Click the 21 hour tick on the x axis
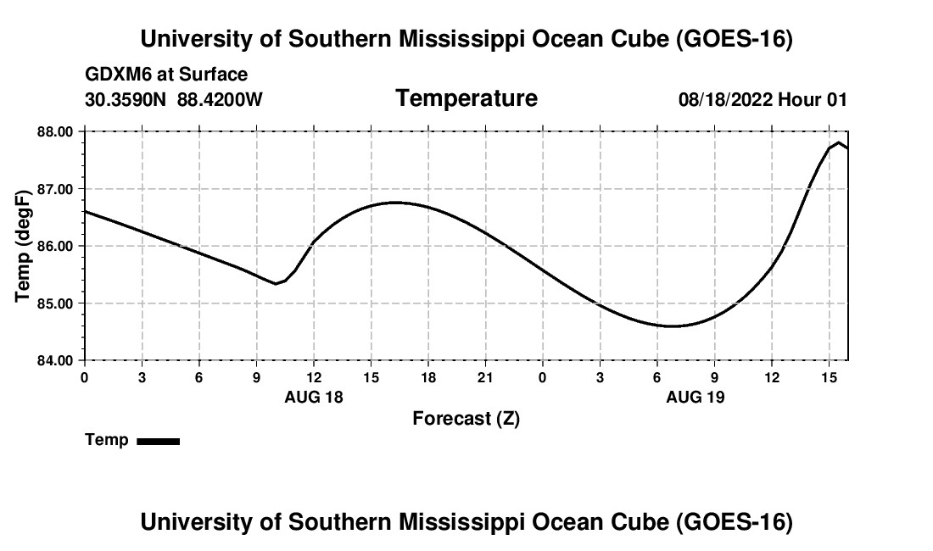[485, 377]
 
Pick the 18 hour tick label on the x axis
[428, 377]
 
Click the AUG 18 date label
[314, 397]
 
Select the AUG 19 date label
[695, 397]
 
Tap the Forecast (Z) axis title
[466, 419]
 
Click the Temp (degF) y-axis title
[23, 246]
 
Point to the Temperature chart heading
[466, 98]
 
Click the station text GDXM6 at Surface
[166, 75]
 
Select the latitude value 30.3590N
[126, 99]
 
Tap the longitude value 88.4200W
[220, 99]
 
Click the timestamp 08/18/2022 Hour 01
[763, 99]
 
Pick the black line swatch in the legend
[159, 441]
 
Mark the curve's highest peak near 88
[838, 142]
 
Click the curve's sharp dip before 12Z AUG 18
[276, 283]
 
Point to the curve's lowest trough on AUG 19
[673, 326]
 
